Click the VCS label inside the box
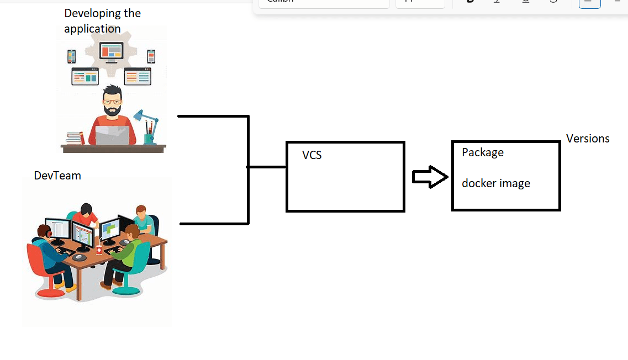click(312, 155)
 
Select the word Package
click(483, 152)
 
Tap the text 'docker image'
click(496, 183)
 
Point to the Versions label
click(588, 139)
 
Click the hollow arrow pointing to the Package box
click(430, 177)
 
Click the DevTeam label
click(57, 176)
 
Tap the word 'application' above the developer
click(92, 29)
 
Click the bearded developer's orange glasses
click(113, 101)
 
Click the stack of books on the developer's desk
click(75, 137)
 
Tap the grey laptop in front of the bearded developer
click(112, 135)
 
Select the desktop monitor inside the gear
click(111, 52)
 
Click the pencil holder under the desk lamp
click(150, 138)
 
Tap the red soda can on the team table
click(99, 250)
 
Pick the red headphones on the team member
click(49, 232)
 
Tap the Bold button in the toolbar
click(471, 2)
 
